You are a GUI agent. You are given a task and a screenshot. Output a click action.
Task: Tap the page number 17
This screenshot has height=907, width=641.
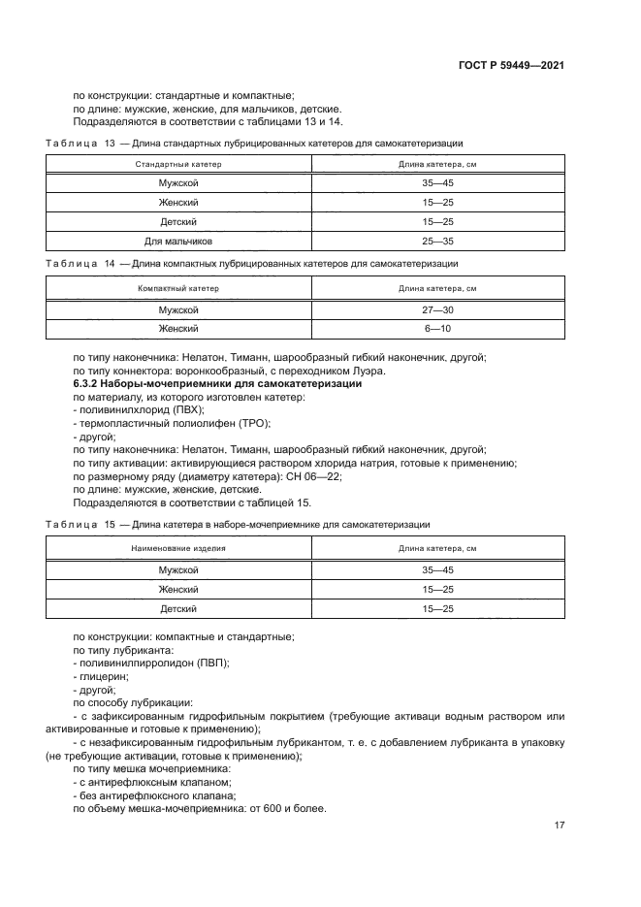pos(559,825)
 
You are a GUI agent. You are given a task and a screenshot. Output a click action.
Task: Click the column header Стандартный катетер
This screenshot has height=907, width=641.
pos(178,164)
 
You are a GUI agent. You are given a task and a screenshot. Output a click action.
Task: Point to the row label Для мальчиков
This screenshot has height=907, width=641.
pos(178,240)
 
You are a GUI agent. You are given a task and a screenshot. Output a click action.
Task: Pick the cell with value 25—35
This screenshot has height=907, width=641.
pos(438,240)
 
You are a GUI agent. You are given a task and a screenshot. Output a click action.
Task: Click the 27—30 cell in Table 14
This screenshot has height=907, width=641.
pos(438,309)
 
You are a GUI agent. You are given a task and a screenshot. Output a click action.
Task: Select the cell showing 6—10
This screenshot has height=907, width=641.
pos(438,329)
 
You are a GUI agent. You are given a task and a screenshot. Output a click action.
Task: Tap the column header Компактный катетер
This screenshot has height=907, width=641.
pos(178,288)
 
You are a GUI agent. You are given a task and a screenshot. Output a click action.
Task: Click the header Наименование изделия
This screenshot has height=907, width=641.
pos(178,549)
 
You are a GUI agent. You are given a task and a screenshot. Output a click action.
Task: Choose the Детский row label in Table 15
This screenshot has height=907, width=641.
pos(178,608)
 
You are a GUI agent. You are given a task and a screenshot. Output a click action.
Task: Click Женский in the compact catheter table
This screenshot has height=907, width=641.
pos(178,329)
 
